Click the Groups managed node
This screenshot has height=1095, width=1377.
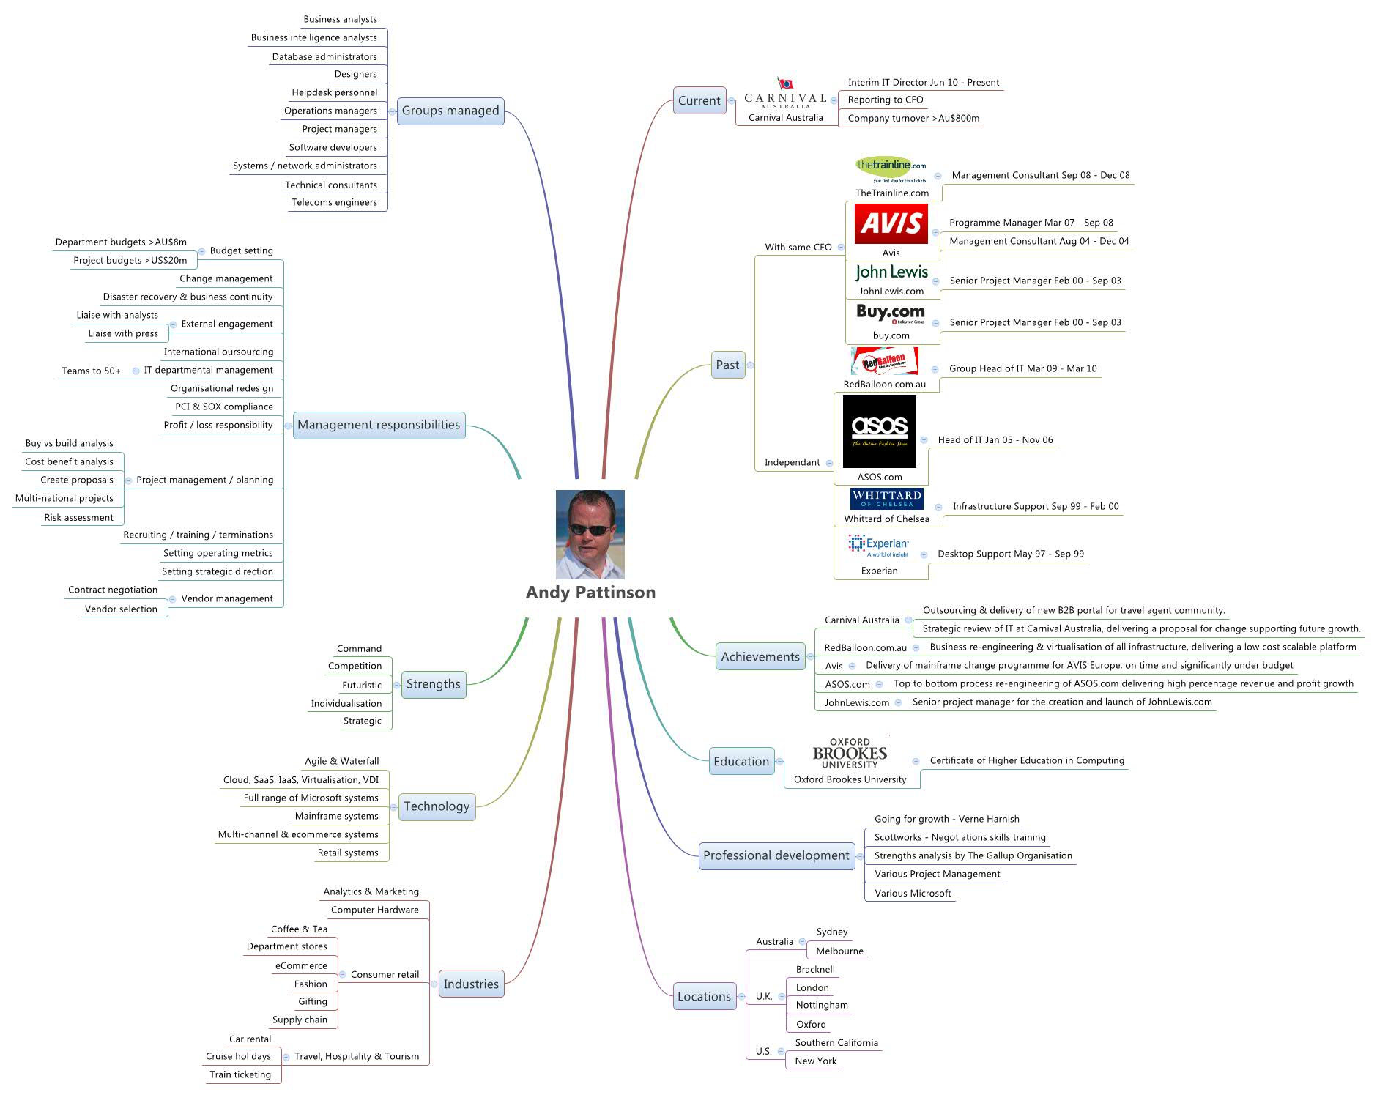coord(450,111)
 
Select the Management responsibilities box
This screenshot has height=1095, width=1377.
coord(379,425)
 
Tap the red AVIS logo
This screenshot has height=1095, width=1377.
coord(891,223)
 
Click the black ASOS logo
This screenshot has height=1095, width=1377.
coord(879,431)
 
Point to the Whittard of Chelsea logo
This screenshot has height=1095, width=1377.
coord(886,499)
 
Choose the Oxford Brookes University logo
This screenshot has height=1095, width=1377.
coord(850,754)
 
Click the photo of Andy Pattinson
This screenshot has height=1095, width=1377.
coord(590,534)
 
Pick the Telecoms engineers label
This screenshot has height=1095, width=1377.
coord(334,203)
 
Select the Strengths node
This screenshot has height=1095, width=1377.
coord(434,684)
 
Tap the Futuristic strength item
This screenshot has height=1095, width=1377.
coord(362,686)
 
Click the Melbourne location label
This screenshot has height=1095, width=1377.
coord(839,951)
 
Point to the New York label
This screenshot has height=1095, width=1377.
coord(815,1061)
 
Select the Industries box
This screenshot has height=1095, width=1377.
coord(471,984)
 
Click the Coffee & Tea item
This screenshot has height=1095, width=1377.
coord(299,929)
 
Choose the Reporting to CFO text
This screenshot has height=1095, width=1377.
coord(885,100)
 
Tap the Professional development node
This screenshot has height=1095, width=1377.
coord(776,855)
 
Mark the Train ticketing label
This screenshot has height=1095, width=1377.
coord(240,1075)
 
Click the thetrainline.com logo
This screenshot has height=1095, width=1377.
coord(891,168)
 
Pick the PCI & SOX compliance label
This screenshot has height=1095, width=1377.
coord(223,407)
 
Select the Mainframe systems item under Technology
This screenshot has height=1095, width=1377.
coord(336,817)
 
